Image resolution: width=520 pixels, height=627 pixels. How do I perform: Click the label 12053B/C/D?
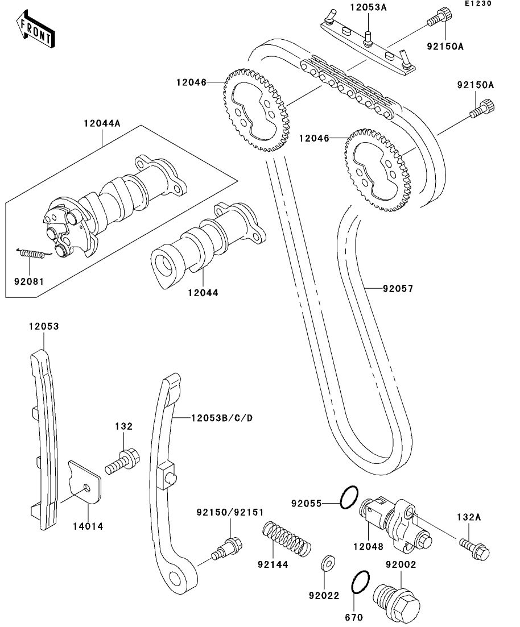[214, 418]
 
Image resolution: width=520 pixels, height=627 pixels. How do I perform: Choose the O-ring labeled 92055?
[349, 498]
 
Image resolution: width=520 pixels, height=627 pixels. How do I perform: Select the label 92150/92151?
[230, 512]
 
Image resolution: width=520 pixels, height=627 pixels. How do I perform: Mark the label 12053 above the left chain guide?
[44, 327]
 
